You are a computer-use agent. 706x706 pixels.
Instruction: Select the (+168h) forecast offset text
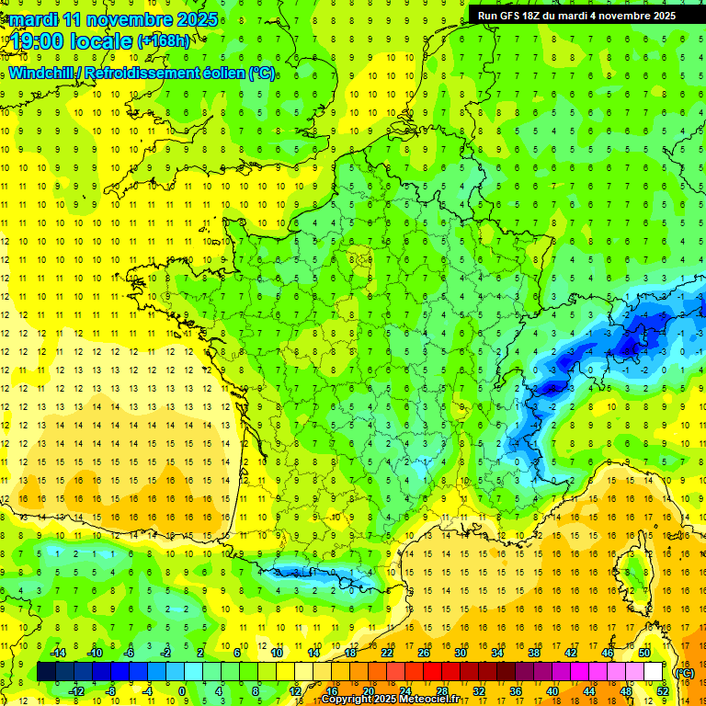click(165, 41)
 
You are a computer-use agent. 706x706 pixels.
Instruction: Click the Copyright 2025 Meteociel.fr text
click(390, 700)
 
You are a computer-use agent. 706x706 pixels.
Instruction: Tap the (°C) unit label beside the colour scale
click(685, 672)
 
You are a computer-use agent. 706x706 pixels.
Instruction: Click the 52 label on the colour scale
click(663, 691)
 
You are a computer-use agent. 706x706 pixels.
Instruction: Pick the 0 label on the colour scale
click(181, 691)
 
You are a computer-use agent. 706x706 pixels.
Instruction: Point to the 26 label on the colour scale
click(424, 652)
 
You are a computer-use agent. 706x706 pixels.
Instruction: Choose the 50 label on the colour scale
click(644, 652)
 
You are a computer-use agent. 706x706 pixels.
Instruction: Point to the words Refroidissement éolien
click(179, 73)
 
